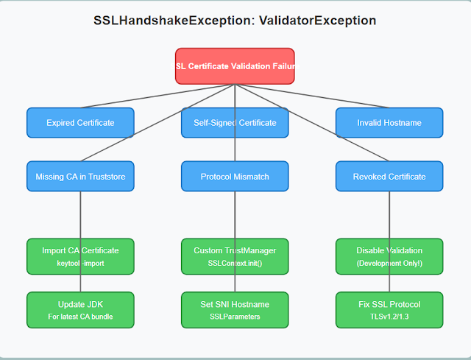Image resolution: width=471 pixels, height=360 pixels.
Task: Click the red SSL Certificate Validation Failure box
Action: (235, 66)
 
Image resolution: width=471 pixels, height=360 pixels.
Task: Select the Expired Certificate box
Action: (80, 123)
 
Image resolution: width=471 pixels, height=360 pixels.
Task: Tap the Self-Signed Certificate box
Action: (235, 123)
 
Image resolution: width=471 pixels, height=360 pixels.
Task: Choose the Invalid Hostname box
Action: (389, 123)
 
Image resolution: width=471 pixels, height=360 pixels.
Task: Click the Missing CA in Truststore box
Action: (80, 177)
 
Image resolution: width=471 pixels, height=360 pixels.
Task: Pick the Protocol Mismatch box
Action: (235, 177)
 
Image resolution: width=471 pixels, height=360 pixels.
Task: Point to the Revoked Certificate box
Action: (389, 177)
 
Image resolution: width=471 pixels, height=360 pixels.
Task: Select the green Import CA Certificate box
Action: (80, 256)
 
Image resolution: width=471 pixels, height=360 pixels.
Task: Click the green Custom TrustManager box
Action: (235, 256)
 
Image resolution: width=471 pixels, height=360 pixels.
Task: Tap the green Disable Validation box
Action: (389, 256)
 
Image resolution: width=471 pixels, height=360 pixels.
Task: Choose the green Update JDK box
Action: (80, 310)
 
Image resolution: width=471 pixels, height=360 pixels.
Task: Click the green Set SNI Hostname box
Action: (235, 310)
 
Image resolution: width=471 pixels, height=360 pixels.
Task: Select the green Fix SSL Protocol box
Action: (389, 310)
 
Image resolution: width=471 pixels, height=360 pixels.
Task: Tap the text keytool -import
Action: (80, 263)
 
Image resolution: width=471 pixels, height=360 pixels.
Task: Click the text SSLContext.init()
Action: (235, 263)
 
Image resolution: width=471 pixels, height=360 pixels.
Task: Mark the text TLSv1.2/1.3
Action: (389, 317)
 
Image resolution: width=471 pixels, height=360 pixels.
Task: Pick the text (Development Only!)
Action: (389, 263)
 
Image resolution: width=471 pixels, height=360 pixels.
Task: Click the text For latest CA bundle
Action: (80, 317)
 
